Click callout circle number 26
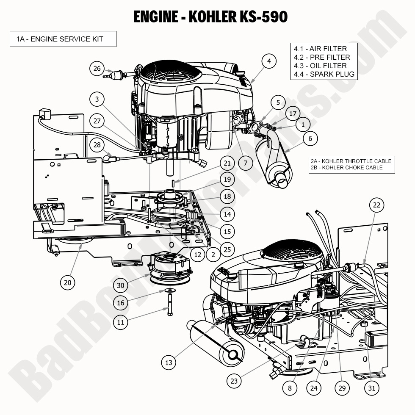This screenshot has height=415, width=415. (x=97, y=68)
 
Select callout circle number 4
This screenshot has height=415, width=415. (x=268, y=61)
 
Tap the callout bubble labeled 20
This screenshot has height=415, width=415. (x=67, y=282)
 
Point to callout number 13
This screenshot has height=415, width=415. (x=169, y=362)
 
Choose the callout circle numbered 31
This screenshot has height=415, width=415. (x=371, y=388)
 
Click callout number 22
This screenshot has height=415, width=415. (x=376, y=205)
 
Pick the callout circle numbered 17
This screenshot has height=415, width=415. (x=293, y=113)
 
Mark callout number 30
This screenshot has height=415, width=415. (x=121, y=285)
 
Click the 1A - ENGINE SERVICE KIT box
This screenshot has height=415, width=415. (x=63, y=39)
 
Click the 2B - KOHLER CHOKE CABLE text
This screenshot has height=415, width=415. (x=346, y=168)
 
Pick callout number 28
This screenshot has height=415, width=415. (x=97, y=145)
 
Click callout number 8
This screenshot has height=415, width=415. (x=290, y=388)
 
